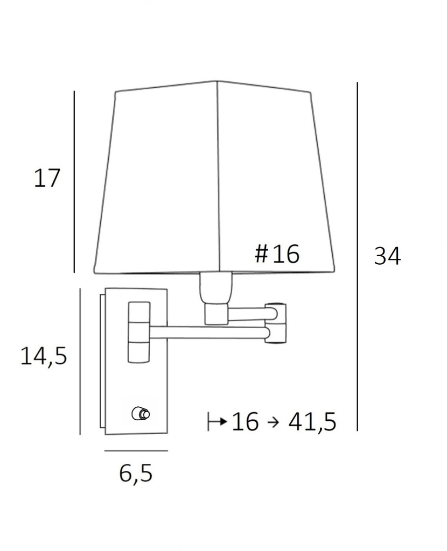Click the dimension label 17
click(47, 178)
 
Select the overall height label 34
click(387, 257)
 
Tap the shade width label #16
click(277, 254)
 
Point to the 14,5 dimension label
click(44, 356)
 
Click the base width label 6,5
click(136, 474)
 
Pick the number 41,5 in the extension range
click(312, 422)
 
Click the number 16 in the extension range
click(246, 422)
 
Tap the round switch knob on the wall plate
click(142, 414)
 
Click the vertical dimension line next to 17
click(74, 182)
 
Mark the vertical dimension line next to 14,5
click(80, 361)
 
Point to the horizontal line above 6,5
click(136, 450)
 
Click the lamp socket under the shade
click(218, 288)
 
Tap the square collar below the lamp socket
click(216, 314)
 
